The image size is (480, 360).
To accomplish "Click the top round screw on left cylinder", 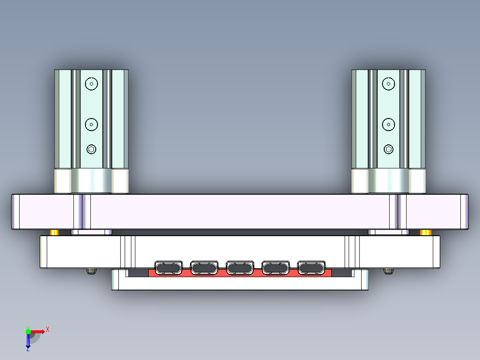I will (91, 83).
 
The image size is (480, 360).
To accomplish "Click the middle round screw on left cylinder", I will (91, 124).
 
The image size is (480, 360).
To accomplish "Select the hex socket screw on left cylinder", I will (91, 149).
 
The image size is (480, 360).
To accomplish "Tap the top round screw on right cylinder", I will (389, 83).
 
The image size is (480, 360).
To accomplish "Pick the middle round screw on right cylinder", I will (389, 124).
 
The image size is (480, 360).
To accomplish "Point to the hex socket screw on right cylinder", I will (389, 149).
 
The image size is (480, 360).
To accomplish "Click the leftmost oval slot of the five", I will (168, 268).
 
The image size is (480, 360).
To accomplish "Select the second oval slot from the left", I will (204, 268).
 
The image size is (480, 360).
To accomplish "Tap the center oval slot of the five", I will (240, 268).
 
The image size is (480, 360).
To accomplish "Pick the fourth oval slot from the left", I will (276, 268).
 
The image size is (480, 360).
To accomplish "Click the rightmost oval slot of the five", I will (311, 268).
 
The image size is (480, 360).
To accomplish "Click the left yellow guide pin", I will (54, 233).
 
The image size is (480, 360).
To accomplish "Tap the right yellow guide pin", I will (426, 233).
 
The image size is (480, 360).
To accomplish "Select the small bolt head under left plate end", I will (91, 271).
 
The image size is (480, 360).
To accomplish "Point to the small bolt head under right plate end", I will (389, 271).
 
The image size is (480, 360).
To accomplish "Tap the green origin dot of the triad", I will (28, 331).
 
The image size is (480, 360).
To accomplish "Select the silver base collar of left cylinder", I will (91, 180).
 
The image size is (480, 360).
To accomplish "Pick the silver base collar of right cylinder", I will (389, 180).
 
